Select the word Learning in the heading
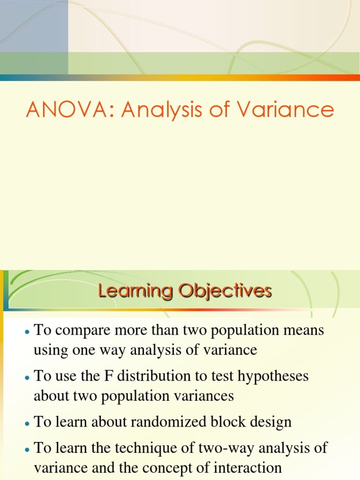click(132, 292)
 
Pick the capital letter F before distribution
click(97, 376)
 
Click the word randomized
click(159, 421)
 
